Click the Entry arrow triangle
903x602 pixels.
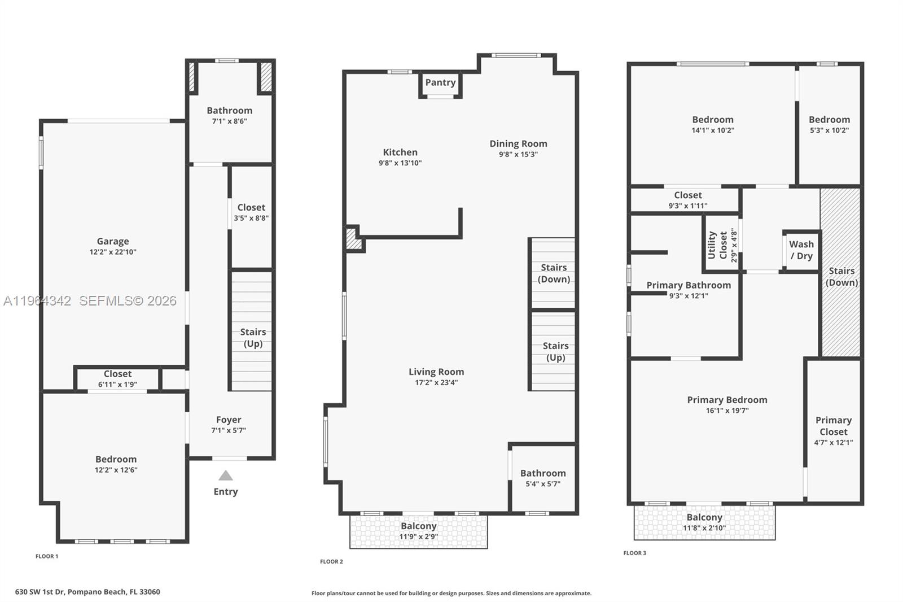coord(226,476)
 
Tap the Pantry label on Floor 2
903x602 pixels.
coord(440,82)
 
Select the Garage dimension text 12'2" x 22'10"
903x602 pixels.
coord(113,252)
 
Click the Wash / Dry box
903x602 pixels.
coord(801,250)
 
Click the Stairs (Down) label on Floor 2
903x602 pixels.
coord(554,273)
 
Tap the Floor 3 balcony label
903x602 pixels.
coord(704,517)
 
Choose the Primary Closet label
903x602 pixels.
coord(834,426)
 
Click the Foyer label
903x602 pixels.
coord(229,420)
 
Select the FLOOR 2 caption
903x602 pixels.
coord(331,561)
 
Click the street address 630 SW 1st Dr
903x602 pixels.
coord(87,592)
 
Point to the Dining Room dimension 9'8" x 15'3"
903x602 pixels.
coord(518,154)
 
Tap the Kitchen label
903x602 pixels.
coord(400,152)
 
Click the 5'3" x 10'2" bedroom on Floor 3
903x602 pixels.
coord(829,124)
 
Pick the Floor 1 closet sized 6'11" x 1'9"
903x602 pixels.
coord(117,378)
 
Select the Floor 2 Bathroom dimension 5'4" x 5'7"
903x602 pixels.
coord(543,484)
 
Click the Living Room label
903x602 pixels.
coord(436,372)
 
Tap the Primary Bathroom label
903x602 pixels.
coord(689,285)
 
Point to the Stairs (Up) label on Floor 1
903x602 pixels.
coord(253,338)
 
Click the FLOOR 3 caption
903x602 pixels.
coord(635,553)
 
